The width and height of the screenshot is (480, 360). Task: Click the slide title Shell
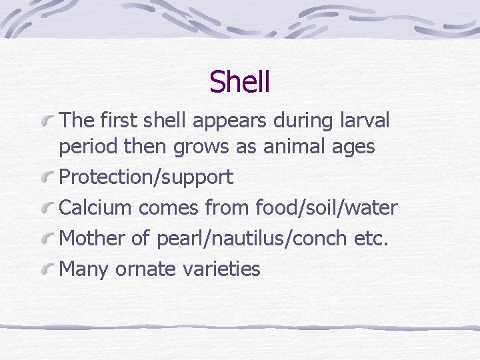(x=239, y=82)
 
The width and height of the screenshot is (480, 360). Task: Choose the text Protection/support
(x=147, y=177)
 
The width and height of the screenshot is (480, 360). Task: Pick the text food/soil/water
(x=326, y=207)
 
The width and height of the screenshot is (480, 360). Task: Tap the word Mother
(x=91, y=238)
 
